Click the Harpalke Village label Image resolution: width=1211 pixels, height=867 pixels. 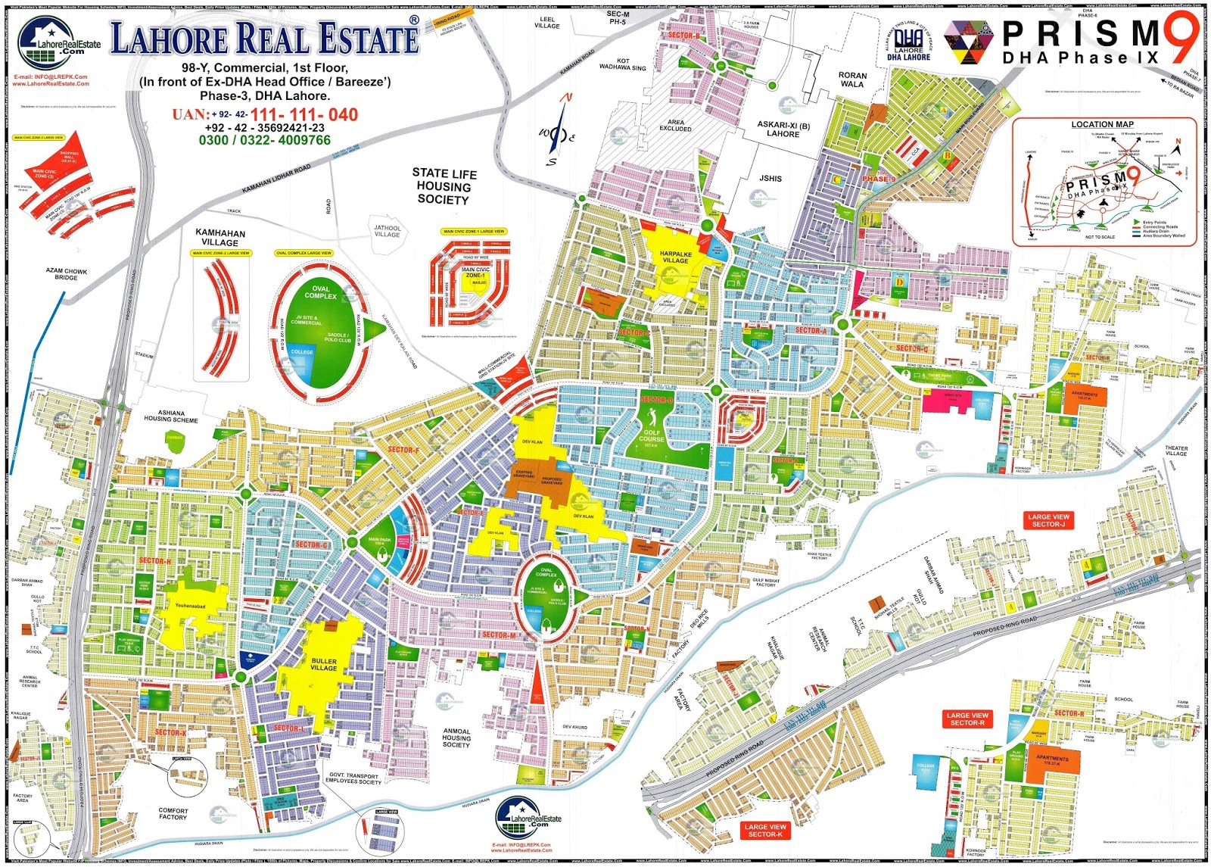[675, 257]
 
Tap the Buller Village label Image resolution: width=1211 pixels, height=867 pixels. [323, 664]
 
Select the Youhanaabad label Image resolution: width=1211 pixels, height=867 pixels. [190, 606]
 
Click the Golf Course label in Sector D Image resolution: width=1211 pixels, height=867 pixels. [651, 435]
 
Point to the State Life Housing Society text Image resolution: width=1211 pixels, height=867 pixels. [444, 186]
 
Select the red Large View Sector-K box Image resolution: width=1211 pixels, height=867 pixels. [765, 831]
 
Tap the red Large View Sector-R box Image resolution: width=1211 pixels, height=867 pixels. [967, 719]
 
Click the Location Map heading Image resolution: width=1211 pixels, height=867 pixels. [1102, 124]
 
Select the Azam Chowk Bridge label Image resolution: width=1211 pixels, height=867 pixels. [66, 274]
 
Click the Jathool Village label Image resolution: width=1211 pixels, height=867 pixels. [387, 231]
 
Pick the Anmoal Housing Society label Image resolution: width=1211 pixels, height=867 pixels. [456, 738]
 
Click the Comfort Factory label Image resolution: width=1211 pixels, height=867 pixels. [173, 813]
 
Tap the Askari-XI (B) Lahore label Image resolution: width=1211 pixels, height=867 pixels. [783, 129]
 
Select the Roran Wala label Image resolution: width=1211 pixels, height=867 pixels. [852, 80]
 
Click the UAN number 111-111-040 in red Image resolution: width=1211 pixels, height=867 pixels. [304, 114]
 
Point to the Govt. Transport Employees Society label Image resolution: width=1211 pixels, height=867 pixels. [353, 778]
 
